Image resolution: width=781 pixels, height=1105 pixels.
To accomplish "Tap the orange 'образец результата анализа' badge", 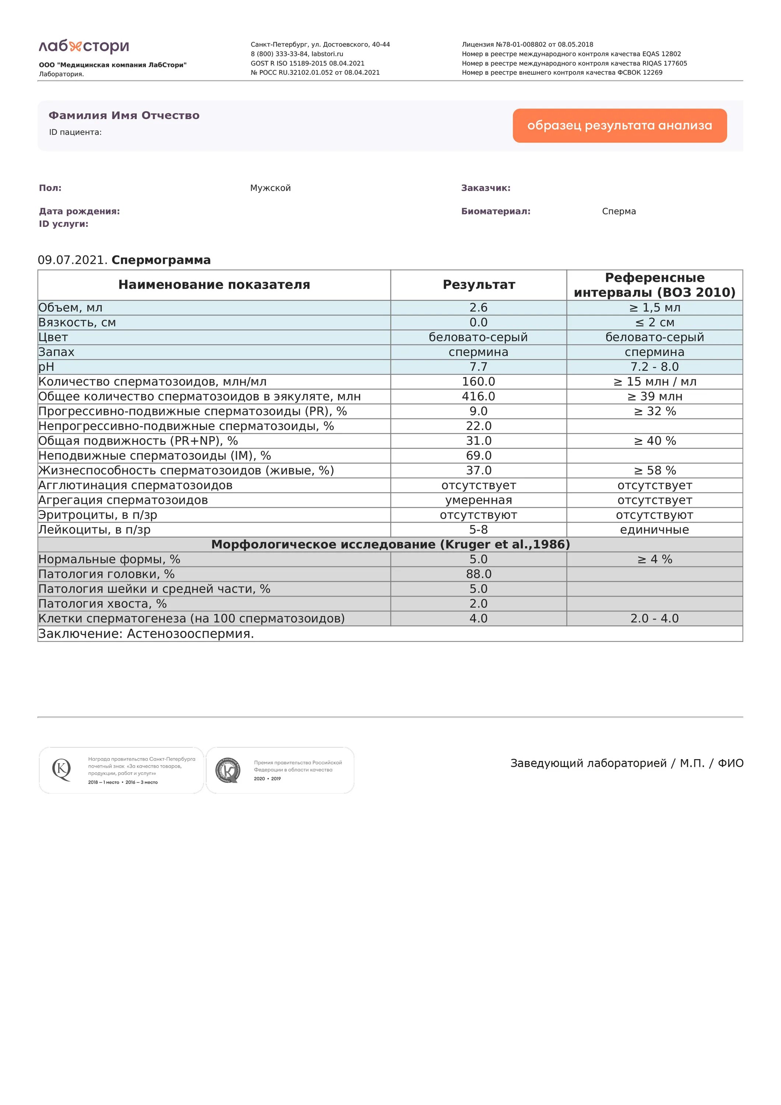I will [x=619, y=126].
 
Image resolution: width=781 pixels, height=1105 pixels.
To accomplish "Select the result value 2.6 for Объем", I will [x=478, y=308].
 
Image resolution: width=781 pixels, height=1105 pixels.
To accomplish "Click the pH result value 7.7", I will [x=478, y=367].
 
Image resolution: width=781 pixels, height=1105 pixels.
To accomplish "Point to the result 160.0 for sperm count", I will [x=478, y=382].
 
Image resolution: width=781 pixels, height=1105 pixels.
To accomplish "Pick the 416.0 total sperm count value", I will [x=478, y=397].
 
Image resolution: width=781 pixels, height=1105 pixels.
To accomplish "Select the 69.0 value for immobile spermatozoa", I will [x=478, y=456].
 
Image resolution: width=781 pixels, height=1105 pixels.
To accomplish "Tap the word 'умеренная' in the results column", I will [x=478, y=500].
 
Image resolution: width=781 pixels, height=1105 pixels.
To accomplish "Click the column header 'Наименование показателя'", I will [x=214, y=285].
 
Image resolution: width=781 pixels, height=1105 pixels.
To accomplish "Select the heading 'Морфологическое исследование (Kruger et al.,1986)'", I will [x=390, y=544].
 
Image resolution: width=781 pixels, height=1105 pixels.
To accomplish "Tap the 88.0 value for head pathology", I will [x=478, y=574].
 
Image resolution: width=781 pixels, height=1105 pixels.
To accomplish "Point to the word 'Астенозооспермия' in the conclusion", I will [x=190, y=634].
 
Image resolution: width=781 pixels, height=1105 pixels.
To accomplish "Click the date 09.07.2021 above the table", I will [x=73, y=260].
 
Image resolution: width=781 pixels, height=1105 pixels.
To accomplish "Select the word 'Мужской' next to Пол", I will [x=270, y=188].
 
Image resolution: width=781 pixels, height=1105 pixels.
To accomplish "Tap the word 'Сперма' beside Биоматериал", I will [x=619, y=211].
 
